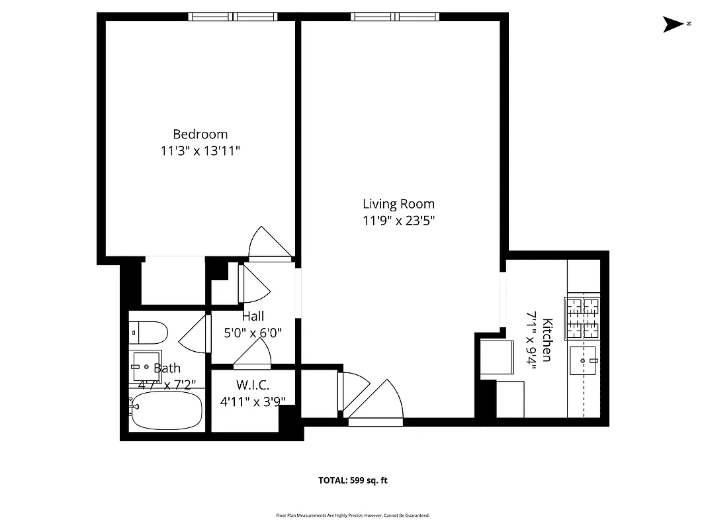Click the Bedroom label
pos(200,134)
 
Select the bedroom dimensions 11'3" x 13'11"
pos(200,150)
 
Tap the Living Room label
pos(398,203)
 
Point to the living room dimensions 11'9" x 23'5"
pos(398,220)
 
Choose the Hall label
pos(253,317)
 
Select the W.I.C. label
pos(253,385)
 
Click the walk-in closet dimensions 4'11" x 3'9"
pos(253,401)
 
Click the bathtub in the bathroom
pos(167,411)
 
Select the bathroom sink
pos(146,366)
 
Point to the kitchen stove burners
pos(583,317)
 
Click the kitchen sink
pos(583,361)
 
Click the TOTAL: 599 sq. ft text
pos(353,480)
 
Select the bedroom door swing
pos(267,242)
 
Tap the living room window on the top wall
pos(394,17)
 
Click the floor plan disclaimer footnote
pos(353,515)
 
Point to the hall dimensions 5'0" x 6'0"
pos(253,333)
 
